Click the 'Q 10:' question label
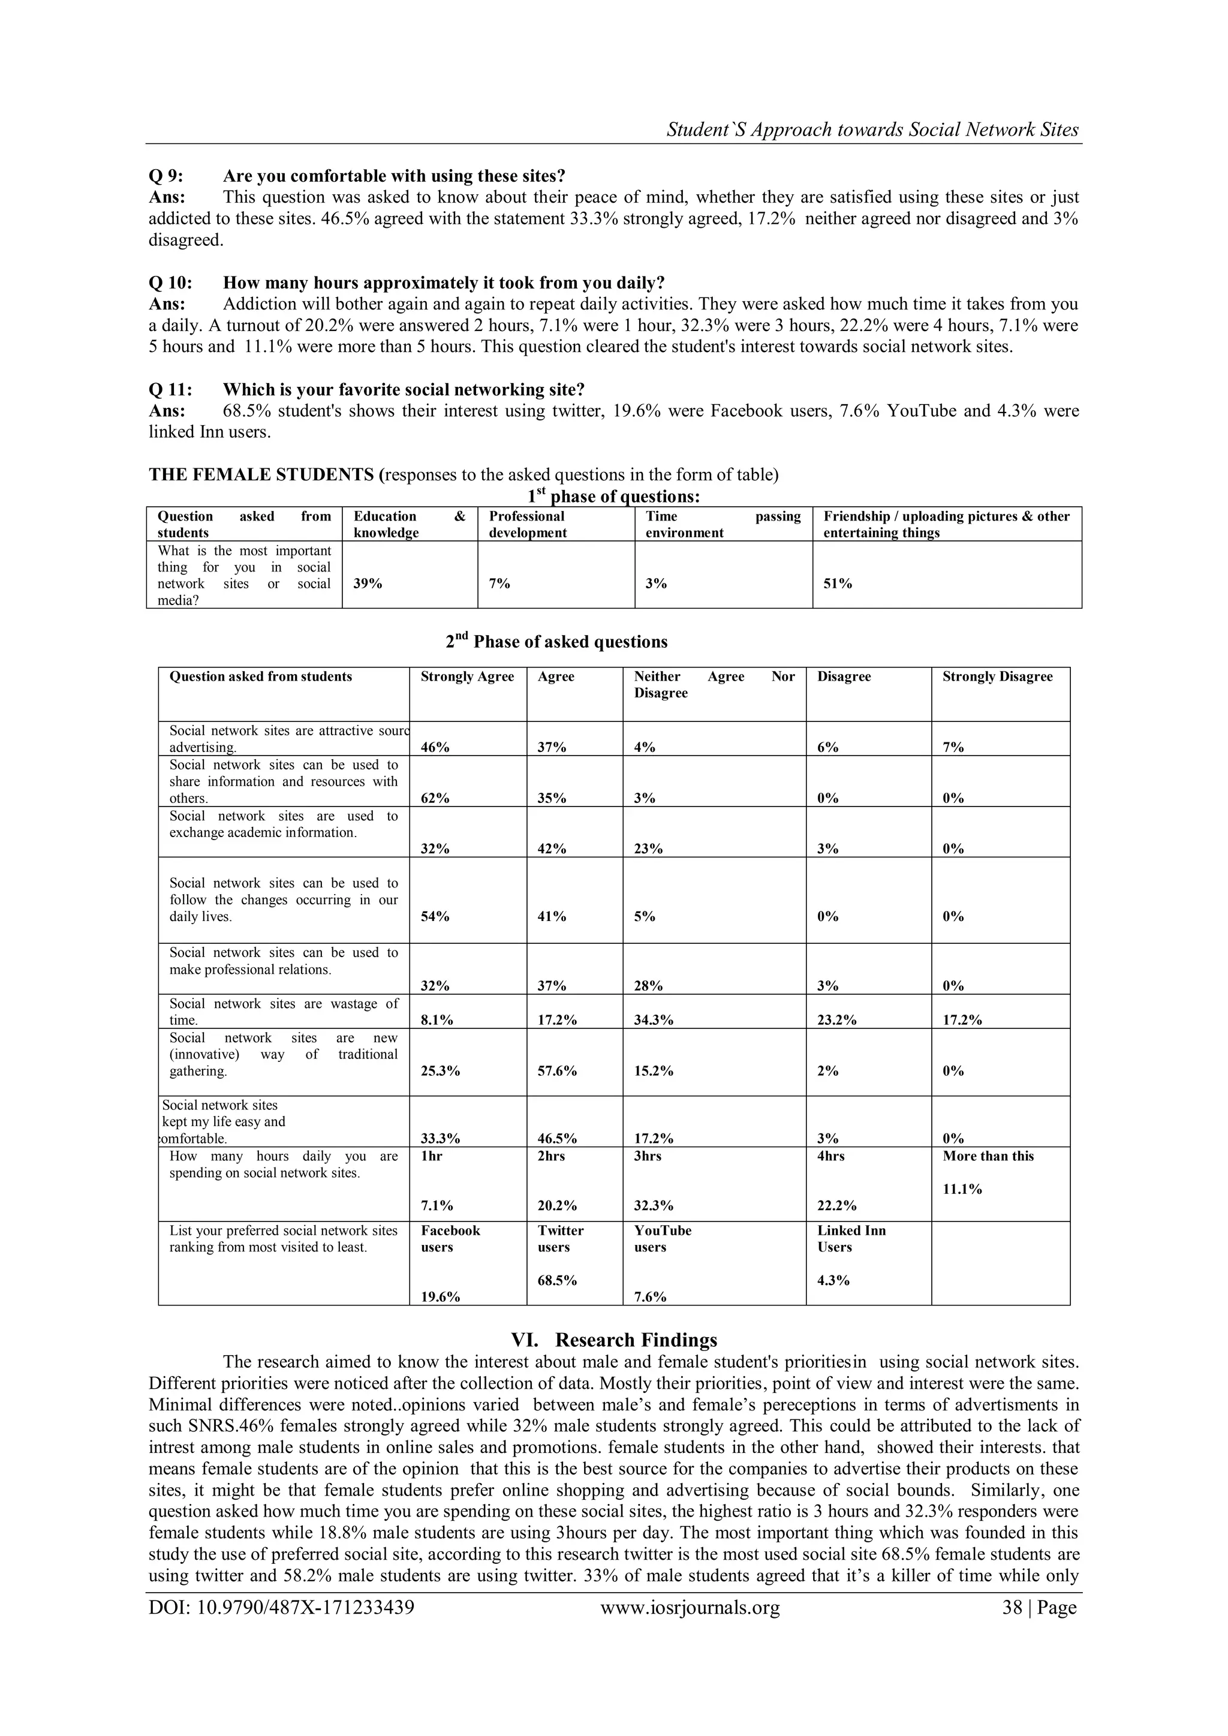(170, 283)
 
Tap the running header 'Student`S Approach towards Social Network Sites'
(872, 130)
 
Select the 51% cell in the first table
(837, 583)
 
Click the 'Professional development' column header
(527, 524)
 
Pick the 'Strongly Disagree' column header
(997, 676)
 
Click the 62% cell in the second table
(435, 798)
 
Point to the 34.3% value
(654, 1019)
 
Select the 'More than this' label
(988, 1156)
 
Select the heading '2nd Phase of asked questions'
(556, 641)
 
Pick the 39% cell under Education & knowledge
(368, 583)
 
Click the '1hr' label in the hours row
(431, 1156)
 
